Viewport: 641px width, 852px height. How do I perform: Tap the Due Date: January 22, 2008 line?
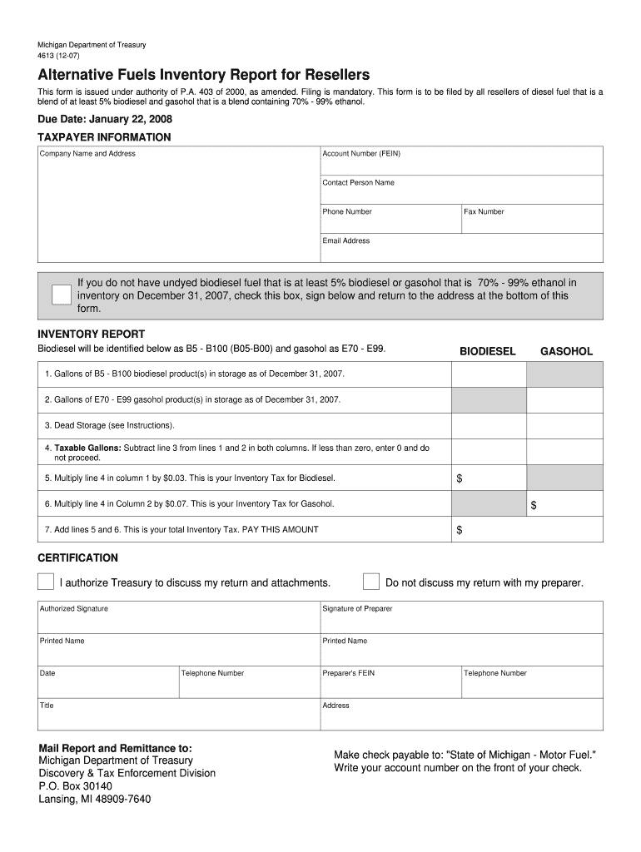[105, 120]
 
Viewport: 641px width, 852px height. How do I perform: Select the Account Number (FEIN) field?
[461, 161]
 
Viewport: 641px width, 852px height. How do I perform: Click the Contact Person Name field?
[461, 190]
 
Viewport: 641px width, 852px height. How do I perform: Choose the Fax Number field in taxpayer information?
[532, 219]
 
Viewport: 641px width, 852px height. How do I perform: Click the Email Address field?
[461, 248]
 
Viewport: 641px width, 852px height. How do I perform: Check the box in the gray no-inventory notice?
[61, 295]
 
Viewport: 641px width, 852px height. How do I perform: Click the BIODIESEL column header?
[488, 352]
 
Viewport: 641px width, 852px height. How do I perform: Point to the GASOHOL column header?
[566, 352]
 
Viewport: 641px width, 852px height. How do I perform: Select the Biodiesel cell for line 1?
[489, 374]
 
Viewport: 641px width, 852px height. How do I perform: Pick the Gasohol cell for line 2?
[565, 400]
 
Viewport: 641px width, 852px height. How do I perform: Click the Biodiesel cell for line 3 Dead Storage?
[489, 426]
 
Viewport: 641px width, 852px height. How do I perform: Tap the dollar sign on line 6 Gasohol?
[534, 505]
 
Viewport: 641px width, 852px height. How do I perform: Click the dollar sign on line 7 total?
[460, 530]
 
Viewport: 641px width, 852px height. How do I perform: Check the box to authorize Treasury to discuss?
[47, 581]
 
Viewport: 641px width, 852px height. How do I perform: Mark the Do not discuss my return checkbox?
[371, 581]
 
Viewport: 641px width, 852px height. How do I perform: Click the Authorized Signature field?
[178, 617]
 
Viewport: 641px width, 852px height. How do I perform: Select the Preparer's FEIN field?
[390, 681]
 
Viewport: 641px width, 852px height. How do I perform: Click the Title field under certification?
[178, 714]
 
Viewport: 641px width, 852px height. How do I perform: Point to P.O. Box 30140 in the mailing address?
[76, 785]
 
